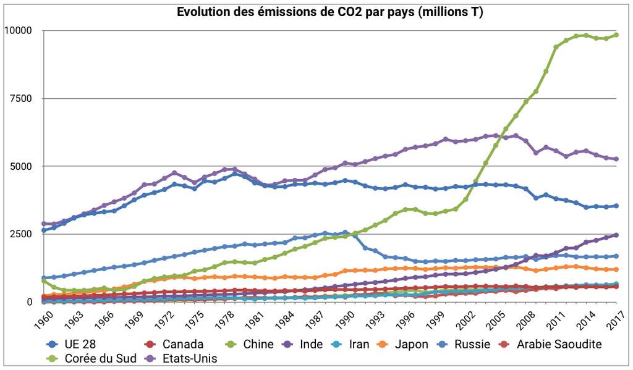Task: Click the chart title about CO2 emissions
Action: [330, 12]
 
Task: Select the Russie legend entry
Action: [472, 345]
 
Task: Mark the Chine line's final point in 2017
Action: [616, 35]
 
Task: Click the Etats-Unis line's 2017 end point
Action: [616, 159]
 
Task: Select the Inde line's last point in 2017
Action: [616, 235]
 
